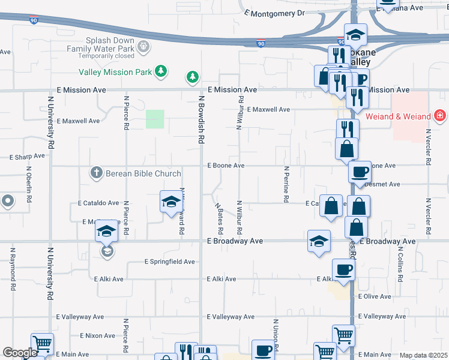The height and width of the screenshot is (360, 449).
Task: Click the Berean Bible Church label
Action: click(143, 174)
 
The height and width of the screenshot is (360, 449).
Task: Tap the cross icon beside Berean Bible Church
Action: click(95, 173)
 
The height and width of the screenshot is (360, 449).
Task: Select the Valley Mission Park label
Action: click(115, 72)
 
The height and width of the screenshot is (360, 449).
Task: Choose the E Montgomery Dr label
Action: click(275, 13)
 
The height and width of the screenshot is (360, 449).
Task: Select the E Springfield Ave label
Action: click(170, 262)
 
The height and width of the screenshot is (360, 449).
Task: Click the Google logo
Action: click(19, 353)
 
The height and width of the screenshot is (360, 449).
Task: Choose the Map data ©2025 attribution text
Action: click(423, 355)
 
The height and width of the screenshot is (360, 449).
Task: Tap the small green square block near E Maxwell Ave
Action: click(155, 119)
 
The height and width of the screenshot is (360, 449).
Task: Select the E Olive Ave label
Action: click(375, 296)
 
